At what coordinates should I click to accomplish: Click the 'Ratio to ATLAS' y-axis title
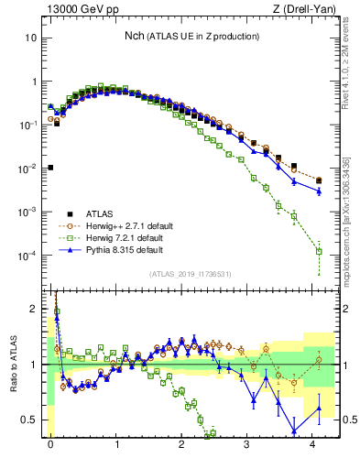click(x=12, y=362)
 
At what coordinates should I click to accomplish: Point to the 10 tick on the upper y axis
click(x=32, y=38)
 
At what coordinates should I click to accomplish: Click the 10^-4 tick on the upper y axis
click(x=30, y=255)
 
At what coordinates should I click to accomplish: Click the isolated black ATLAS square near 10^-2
click(x=50, y=168)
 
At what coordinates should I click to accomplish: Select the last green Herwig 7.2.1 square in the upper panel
click(x=319, y=251)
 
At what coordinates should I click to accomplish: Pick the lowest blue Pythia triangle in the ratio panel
click(x=294, y=431)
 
